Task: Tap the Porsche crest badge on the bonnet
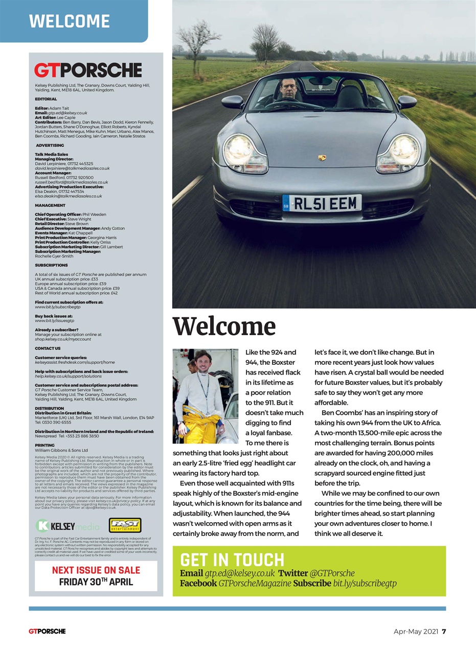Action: [322, 158]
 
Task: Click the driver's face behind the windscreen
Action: [288, 89]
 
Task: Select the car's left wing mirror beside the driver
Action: [233, 102]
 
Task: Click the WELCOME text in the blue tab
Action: [70, 21]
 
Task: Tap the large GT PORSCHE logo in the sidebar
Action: [88, 70]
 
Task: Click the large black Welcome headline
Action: [224, 327]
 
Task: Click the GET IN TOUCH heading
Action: [232, 559]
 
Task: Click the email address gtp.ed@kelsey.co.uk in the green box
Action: [239, 573]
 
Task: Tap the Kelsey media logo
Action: [67, 526]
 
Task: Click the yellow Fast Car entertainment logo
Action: [125, 525]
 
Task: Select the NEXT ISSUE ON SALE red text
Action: [96, 570]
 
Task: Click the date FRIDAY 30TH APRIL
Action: [96, 582]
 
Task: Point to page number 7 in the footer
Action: [444, 631]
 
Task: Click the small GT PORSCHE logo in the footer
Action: [47, 631]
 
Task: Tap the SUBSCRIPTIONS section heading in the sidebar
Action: [51, 265]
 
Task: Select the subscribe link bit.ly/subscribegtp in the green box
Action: [365, 583]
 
